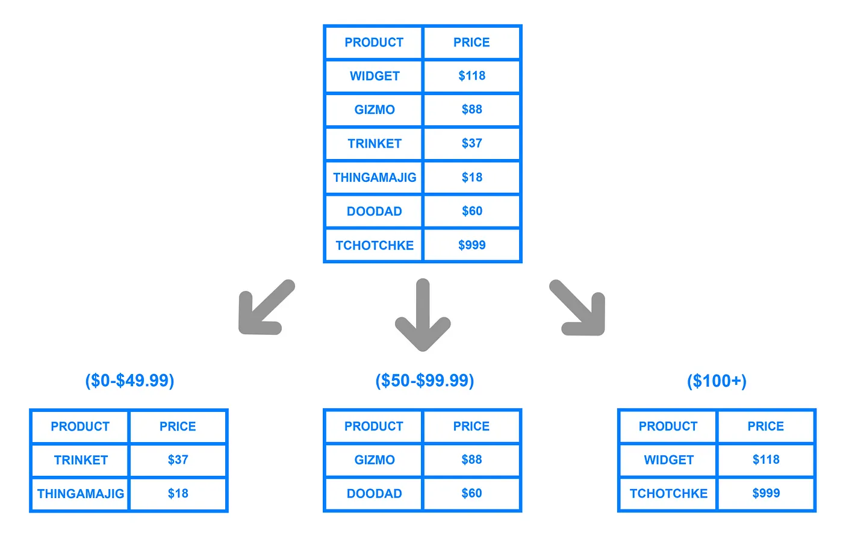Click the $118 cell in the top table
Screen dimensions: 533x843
coord(471,76)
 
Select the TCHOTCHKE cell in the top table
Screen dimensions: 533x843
coord(374,245)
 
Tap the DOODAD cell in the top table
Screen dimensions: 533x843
coord(374,211)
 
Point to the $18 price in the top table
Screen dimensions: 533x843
coord(471,178)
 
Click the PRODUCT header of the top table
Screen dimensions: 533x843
coord(374,43)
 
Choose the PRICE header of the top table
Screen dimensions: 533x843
coord(471,43)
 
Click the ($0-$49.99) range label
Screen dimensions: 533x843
coord(129,381)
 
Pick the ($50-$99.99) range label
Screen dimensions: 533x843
coord(425,381)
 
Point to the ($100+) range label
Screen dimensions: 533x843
coord(717,381)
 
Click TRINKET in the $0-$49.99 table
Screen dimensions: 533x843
coord(81,460)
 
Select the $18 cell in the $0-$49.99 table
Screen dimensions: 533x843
coord(178,494)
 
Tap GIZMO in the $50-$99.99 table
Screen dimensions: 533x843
coord(374,460)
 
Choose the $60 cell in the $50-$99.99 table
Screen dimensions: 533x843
coord(471,494)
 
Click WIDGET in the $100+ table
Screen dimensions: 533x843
coord(668,460)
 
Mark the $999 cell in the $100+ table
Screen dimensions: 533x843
coord(766,494)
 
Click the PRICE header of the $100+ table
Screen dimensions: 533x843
coord(766,426)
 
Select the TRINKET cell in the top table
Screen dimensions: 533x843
coord(374,144)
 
